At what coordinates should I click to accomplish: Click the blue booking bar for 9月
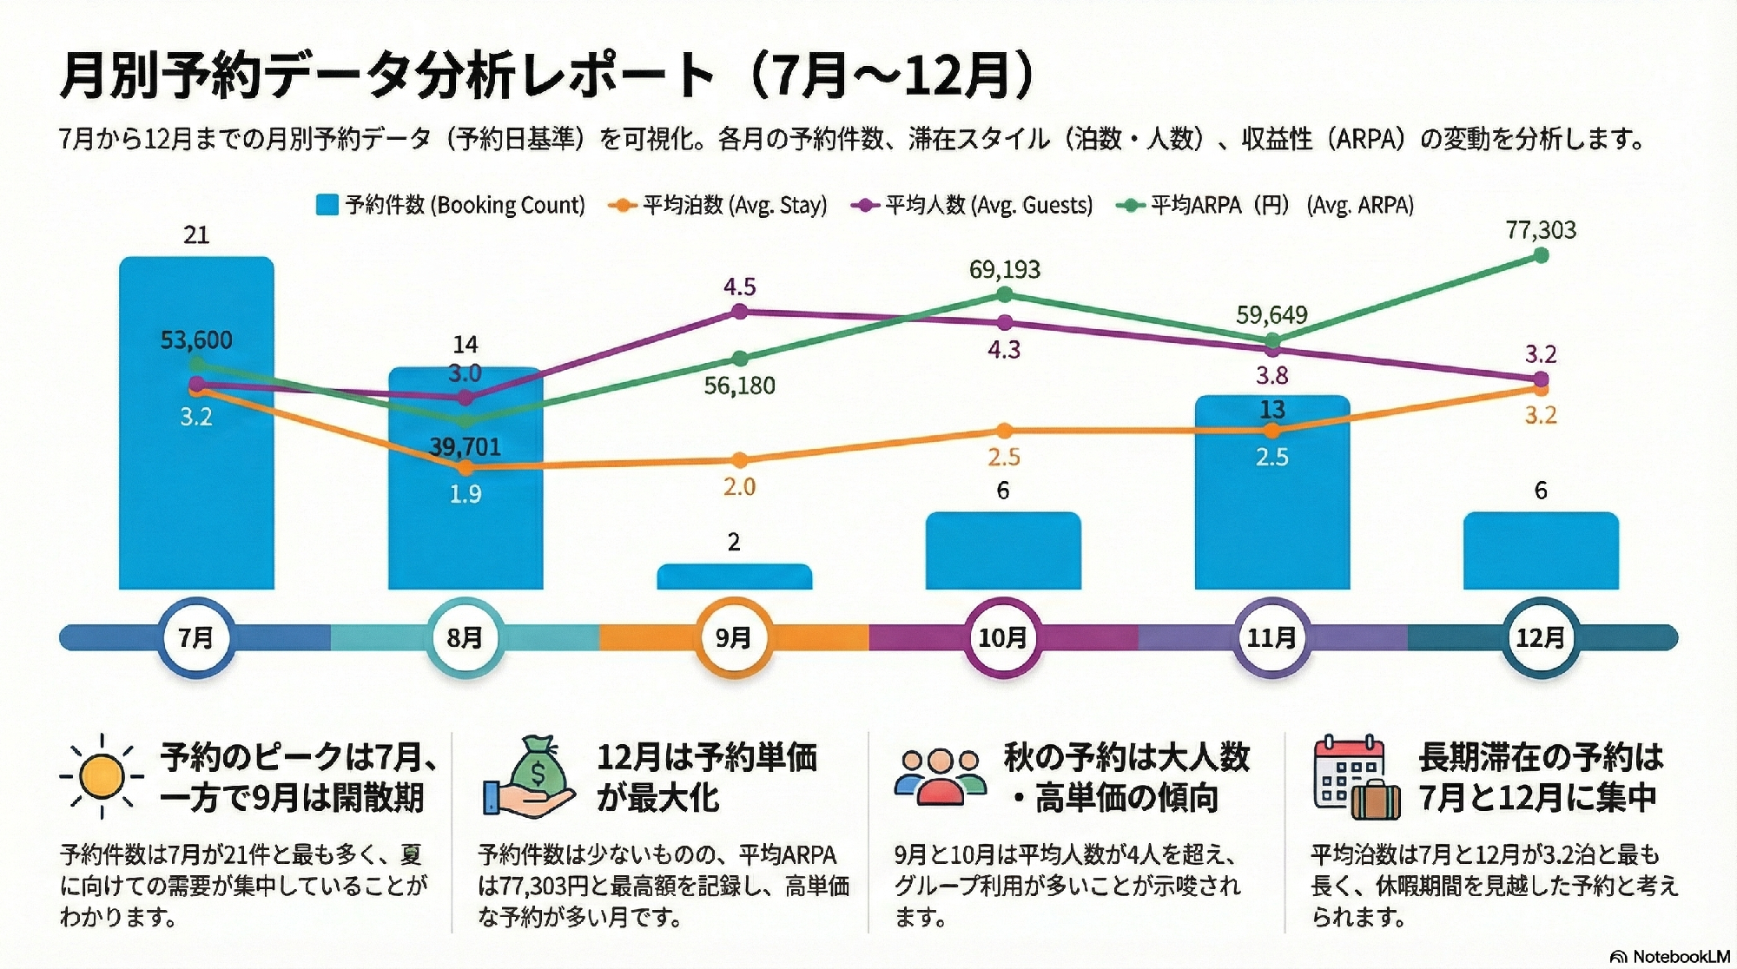pyautogui.click(x=734, y=577)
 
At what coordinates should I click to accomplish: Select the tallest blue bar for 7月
pyautogui.click(x=196, y=486)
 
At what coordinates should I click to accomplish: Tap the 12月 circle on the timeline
pyautogui.click(x=1540, y=638)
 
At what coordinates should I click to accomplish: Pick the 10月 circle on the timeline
pyautogui.click(x=1002, y=638)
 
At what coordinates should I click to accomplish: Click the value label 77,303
pyautogui.click(x=1541, y=230)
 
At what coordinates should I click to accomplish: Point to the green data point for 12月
pyautogui.click(x=1541, y=255)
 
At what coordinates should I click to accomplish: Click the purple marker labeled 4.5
pyautogui.click(x=739, y=311)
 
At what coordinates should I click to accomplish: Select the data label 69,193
pyautogui.click(x=1004, y=269)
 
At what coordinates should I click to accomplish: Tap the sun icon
pyautogui.click(x=102, y=775)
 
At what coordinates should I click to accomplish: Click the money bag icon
pyautogui.click(x=531, y=776)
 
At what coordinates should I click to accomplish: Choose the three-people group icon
pyautogui.click(x=941, y=775)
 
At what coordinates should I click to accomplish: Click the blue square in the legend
pyautogui.click(x=327, y=205)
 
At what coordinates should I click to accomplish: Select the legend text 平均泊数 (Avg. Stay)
pyautogui.click(x=734, y=205)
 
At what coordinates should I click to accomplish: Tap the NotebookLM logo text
pyautogui.click(x=1680, y=957)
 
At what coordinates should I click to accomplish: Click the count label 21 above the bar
pyautogui.click(x=196, y=235)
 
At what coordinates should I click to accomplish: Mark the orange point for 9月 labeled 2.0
pyautogui.click(x=739, y=460)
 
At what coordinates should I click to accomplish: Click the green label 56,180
pyautogui.click(x=739, y=386)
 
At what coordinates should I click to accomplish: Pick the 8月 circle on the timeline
pyautogui.click(x=465, y=638)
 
